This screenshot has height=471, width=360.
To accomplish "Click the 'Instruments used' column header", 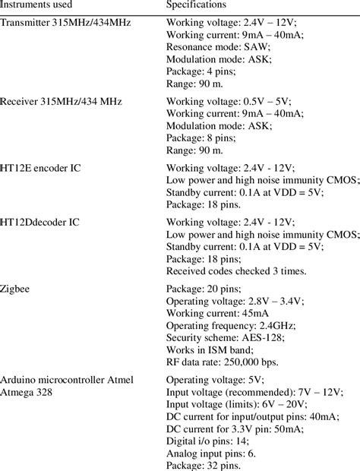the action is [38, 6].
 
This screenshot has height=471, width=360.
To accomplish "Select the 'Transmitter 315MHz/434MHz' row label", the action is [66, 23].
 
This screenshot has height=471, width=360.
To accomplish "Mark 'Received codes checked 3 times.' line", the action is [236, 271].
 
